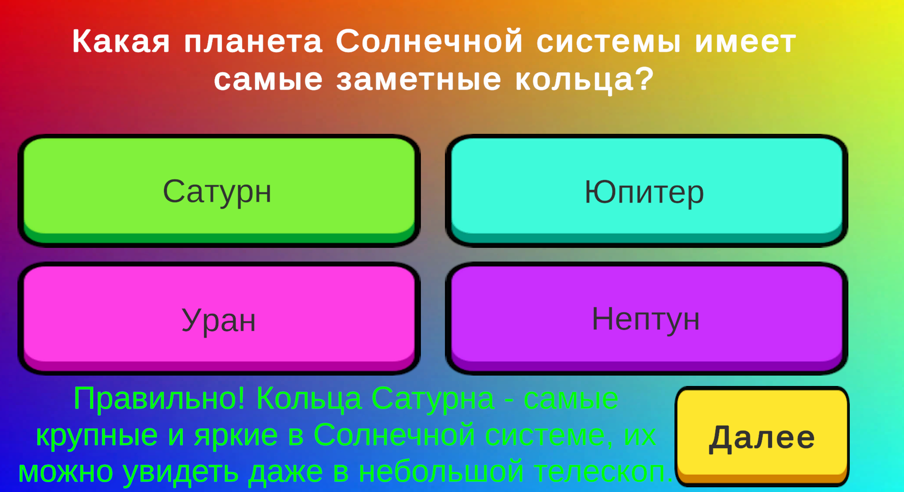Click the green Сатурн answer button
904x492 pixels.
pos(218,190)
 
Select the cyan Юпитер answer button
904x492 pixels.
pos(646,190)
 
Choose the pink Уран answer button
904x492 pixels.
pos(218,319)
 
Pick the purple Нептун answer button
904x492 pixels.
pos(646,319)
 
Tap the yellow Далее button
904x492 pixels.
pos(762,436)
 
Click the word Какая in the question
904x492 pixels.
pos(121,41)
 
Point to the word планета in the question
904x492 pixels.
pos(253,41)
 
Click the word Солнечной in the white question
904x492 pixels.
pos(429,41)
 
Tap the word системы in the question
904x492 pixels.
pos(608,41)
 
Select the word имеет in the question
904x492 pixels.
pos(745,41)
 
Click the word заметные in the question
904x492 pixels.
pos(419,79)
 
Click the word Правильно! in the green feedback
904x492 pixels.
pos(159,399)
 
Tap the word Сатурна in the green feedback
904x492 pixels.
pos(433,399)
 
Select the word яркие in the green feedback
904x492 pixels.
pos(236,435)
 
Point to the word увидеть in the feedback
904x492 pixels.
pos(181,471)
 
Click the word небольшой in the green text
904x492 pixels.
pos(441,471)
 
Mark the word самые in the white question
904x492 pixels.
pos(268,79)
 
